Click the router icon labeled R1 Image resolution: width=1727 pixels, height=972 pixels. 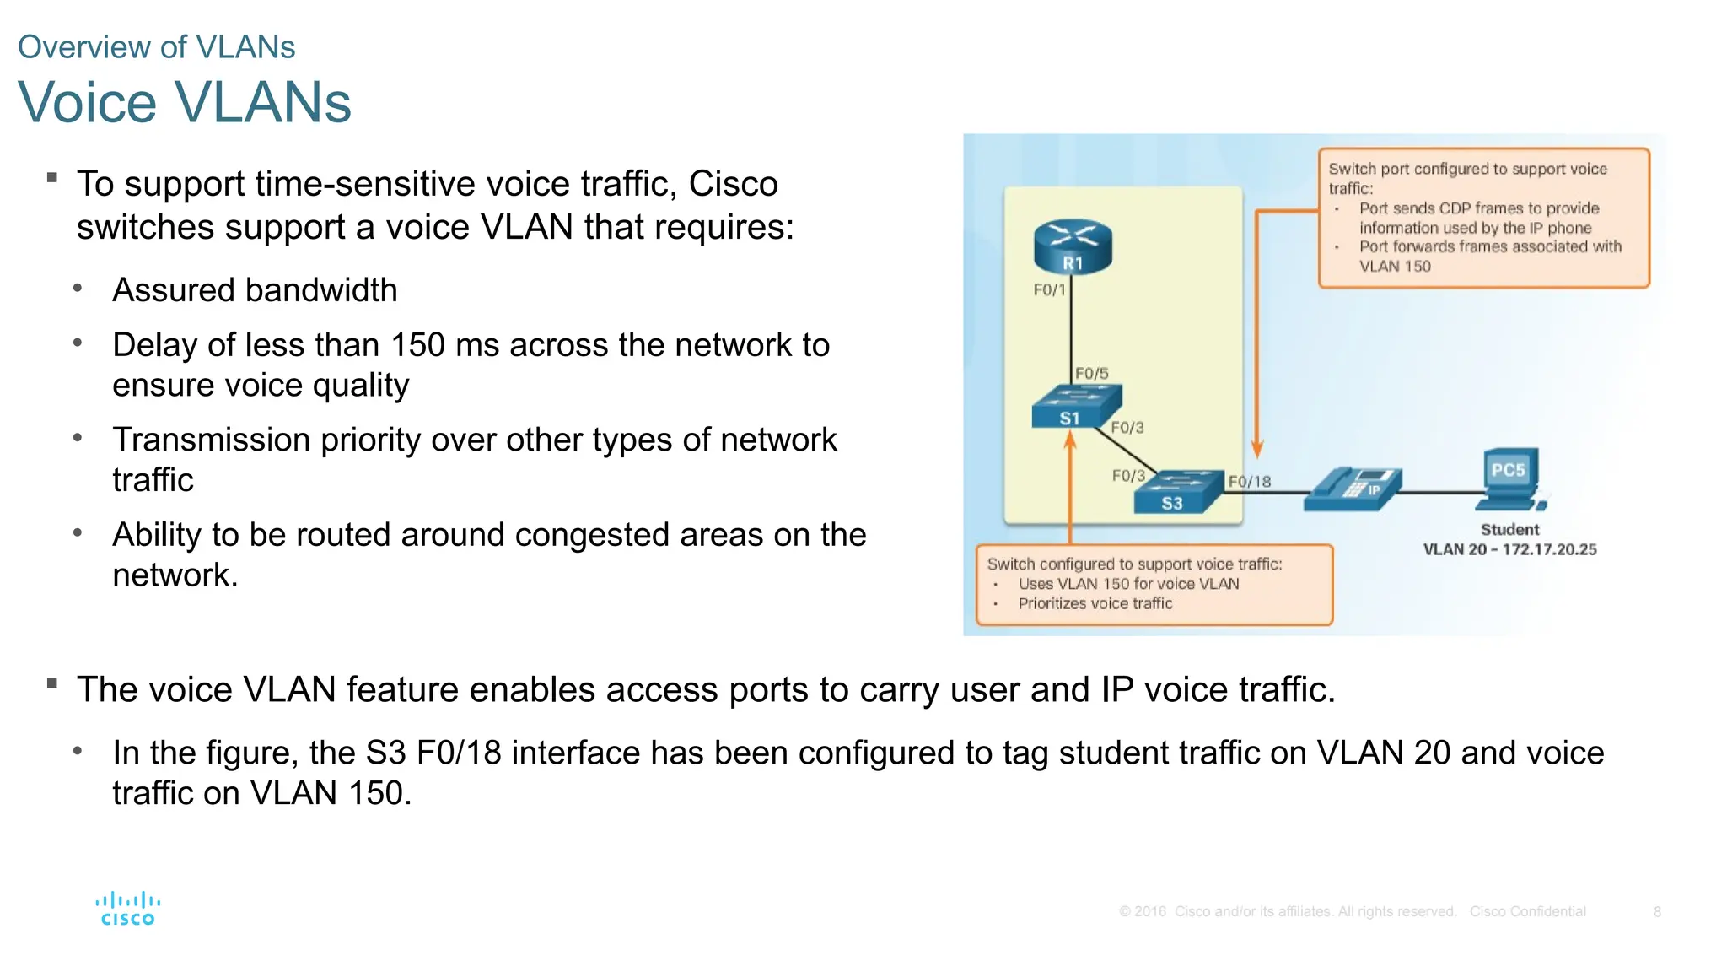(1073, 246)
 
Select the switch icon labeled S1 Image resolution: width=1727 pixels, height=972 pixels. (1075, 407)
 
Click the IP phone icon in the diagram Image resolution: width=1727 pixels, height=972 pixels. (1353, 489)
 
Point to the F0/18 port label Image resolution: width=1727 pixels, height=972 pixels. (1249, 482)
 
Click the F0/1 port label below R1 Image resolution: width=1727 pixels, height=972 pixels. (1049, 290)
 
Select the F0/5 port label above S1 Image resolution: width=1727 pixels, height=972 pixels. (1091, 373)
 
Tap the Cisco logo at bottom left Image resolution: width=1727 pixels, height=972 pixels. (127, 909)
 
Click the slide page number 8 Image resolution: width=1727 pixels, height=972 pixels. (1657, 912)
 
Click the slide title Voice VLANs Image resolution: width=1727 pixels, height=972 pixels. (184, 103)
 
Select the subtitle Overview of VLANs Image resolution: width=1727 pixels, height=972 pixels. (156, 47)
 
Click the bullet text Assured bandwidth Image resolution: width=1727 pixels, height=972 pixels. (255, 290)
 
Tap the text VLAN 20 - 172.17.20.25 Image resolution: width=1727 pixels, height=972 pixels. (1509, 549)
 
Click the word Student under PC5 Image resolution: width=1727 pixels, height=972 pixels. (1509, 530)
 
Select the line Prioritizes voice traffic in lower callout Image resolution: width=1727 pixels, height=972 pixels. (1095, 603)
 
